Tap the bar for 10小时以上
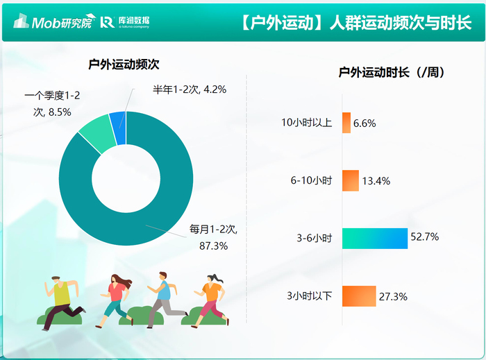pyautogui.click(x=346, y=123)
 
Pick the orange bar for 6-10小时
pyautogui.click(x=351, y=180)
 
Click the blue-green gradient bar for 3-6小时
pyautogui.click(x=375, y=239)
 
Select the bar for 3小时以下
pyautogui.click(x=359, y=296)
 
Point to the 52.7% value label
pyautogui.click(x=425, y=237)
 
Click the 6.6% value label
pyautogui.click(x=364, y=123)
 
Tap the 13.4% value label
pyautogui.click(x=376, y=181)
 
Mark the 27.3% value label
pyautogui.click(x=393, y=297)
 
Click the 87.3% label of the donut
pyautogui.click(x=214, y=246)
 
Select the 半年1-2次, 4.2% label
pyautogui.click(x=190, y=89)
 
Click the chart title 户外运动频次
pyautogui.click(x=124, y=65)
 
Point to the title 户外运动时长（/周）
pyautogui.click(x=392, y=72)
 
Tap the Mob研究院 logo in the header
pyautogui.click(x=53, y=21)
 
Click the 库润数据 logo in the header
pyautogui.click(x=125, y=22)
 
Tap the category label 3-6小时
pyautogui.click(x=315, y=239)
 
